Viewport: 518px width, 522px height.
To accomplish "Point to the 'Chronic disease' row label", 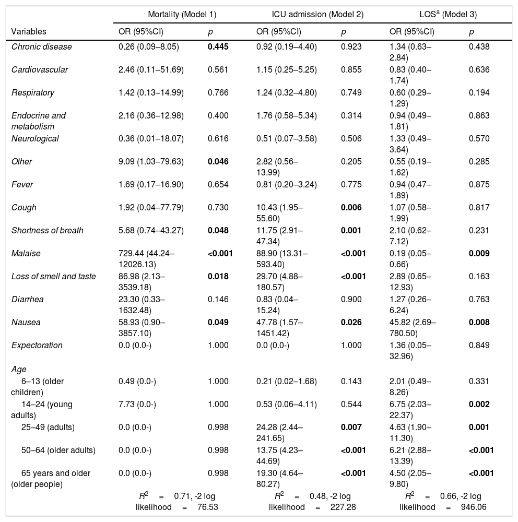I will point(42,47).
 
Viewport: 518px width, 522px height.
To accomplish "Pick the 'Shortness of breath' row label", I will point(48,231).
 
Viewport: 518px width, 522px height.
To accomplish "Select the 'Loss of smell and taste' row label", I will point(54,277).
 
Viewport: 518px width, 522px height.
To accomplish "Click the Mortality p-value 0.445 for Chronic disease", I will point(218,47).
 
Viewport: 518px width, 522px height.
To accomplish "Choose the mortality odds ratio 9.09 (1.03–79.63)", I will point(151,162).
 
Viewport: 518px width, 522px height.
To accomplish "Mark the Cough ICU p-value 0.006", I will point(351,208).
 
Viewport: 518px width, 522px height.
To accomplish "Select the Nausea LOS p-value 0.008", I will point(479,323).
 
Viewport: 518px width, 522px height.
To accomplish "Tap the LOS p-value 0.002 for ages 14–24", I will point(479,404).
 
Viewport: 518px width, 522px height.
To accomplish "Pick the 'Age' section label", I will point(19,369).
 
